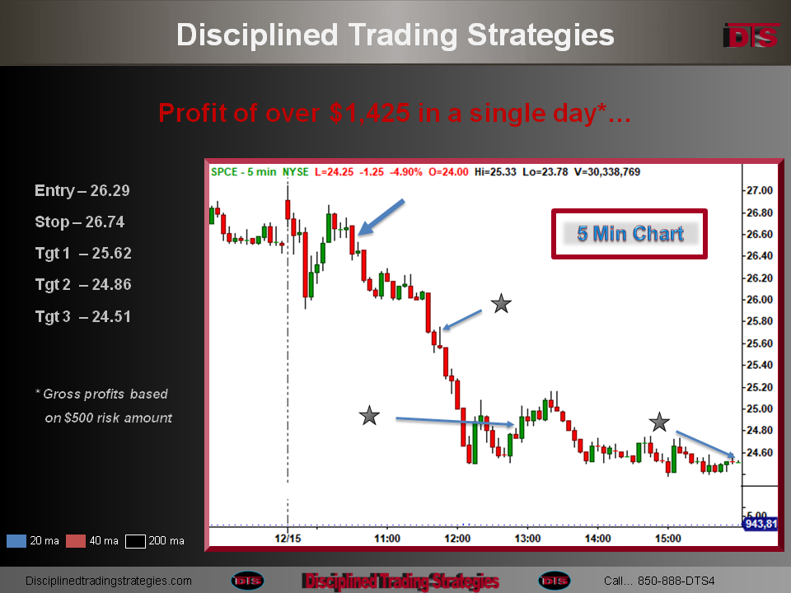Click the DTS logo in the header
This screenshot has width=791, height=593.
coord(751,36)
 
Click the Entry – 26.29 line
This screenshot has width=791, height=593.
coord(82,190)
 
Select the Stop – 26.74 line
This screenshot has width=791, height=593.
coord(80,222)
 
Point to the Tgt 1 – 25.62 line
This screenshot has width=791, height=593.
coord(83,253)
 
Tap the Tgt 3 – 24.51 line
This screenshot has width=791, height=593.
coord(83,316)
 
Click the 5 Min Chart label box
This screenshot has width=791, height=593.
coord(630,234)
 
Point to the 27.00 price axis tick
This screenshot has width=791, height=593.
coord(760,190)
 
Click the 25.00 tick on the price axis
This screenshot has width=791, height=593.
coord(760,409)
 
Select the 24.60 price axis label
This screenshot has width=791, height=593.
coord(760,452)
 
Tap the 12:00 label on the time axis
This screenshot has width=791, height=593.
coord(457,539)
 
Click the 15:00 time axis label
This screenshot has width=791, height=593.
coord(668,539)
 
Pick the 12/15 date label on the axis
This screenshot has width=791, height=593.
coord(288,539)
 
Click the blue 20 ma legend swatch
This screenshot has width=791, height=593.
coord(16,541)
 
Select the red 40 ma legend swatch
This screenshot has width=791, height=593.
coord(76,541)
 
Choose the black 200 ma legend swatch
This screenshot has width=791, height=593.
coord(135,541)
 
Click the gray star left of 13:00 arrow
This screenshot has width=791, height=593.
coord(369,415)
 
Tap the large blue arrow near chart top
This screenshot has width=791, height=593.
coord(381,217)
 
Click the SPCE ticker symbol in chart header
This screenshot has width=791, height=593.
coord(224,172)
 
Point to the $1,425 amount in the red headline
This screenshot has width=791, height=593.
coord(369,113)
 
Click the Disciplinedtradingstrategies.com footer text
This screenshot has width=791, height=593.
coord(109,581)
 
